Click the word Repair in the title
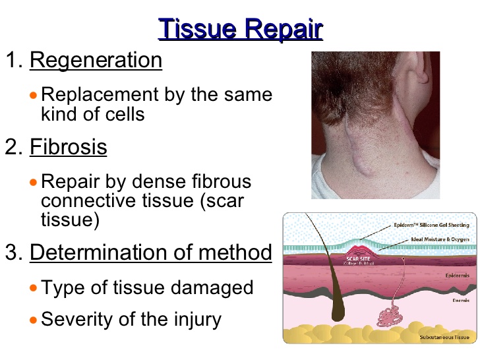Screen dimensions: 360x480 (283, 30)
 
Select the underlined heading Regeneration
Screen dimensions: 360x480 (96, 60)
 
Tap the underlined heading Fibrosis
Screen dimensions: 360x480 (68, 146)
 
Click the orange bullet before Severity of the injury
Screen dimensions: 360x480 (35, 320)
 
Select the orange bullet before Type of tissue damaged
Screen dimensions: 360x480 (35, 287)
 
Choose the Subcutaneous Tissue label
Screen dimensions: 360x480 (444, 337)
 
